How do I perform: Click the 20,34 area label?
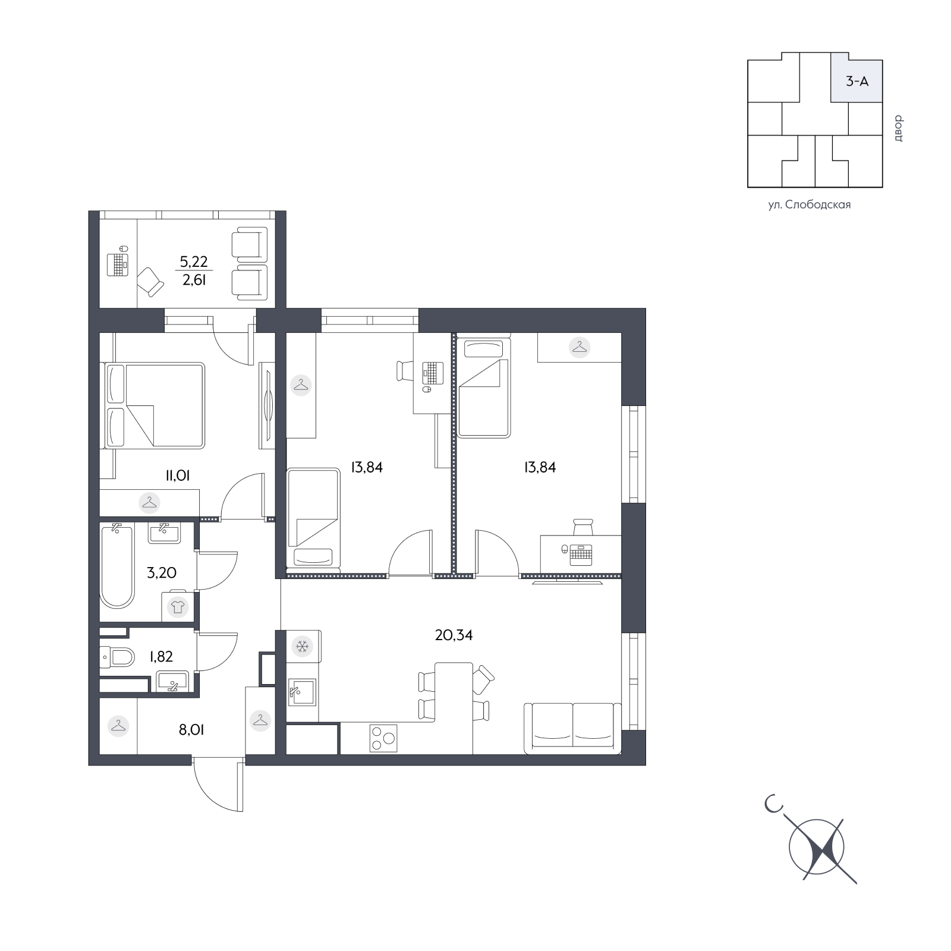(x=454, y=635)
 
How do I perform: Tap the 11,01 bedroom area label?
(x=178, y=475)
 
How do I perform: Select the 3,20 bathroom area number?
(x=162, y=573)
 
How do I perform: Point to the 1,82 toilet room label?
(x=161, y=656)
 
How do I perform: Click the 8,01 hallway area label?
(x=191, y=730)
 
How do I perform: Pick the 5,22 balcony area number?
(x=194, y=262)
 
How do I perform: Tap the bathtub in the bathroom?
(x=117, y=565)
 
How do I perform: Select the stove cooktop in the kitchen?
(x=383, y=739)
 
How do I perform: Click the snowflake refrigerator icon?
(x=302, y=646)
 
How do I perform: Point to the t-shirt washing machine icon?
(x=177, y=607)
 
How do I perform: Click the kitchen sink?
(x=302, y=691)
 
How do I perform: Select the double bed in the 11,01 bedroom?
(x=155, y=405)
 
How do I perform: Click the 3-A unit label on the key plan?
(x=857, y=81)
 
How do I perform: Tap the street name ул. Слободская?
(x=810, y=205)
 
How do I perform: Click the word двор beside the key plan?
(x=897, y=128)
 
